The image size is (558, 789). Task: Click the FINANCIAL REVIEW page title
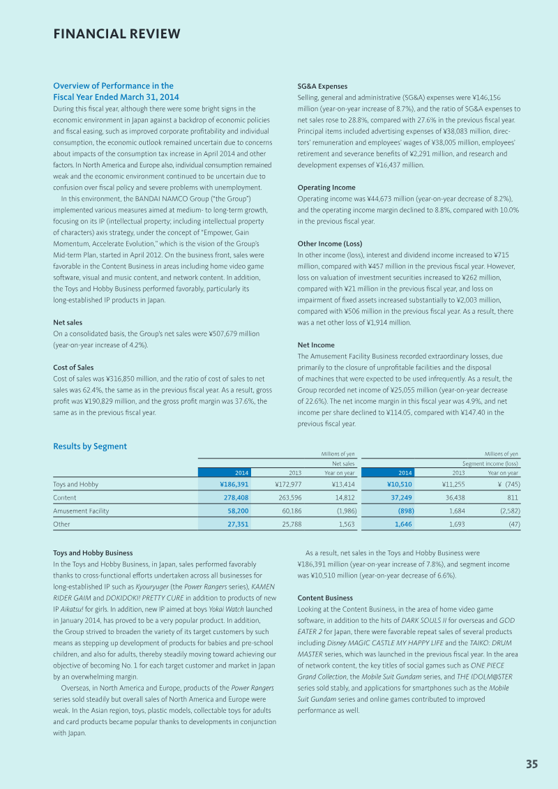[116, 34]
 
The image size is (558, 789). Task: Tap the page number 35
[531, 764]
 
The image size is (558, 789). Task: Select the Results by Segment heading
[90, 446]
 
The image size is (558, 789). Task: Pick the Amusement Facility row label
[81, 511]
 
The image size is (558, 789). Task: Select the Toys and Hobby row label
[75, 484]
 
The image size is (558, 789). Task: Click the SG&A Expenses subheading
[322, 87]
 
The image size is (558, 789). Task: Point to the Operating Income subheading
[326, 188]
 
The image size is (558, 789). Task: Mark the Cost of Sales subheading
[73, 367]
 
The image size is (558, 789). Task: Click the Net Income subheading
[316, 345]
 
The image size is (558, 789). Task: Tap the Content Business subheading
[325, 598]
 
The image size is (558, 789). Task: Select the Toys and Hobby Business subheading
[93, 553]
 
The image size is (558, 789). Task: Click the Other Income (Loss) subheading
[329, 243]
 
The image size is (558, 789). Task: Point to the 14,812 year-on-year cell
[342, 497]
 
